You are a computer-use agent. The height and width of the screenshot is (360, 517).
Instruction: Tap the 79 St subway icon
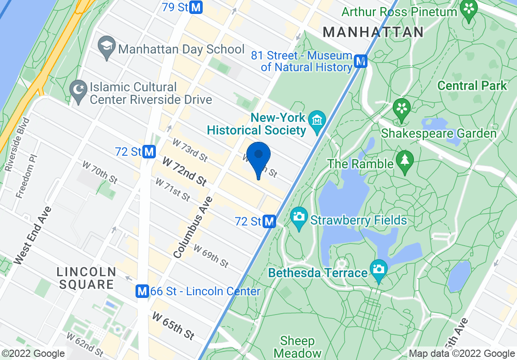(196, 7)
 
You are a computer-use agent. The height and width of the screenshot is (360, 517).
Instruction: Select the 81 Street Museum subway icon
(360, 61)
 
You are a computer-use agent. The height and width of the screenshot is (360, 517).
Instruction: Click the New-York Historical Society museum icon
(317, 121)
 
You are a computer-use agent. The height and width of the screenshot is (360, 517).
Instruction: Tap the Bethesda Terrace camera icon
(378, 269)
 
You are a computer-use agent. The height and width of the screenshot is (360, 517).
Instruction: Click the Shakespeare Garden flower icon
(402, 108)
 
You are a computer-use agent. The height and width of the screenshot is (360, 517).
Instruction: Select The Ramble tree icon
(404, 160)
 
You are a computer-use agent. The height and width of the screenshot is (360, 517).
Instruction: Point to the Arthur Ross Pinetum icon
(469, 8)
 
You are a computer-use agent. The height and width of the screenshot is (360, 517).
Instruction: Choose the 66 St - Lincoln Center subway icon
(142, 291)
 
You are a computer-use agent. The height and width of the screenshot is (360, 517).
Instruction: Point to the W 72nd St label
(185, 171)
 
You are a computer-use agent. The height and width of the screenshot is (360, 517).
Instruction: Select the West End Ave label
(33, 235)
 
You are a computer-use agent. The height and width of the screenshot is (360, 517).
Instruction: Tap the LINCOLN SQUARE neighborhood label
(86, 278)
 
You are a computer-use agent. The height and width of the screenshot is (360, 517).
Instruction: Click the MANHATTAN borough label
(373, 32)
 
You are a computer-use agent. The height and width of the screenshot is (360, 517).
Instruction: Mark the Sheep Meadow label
(298, 347)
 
